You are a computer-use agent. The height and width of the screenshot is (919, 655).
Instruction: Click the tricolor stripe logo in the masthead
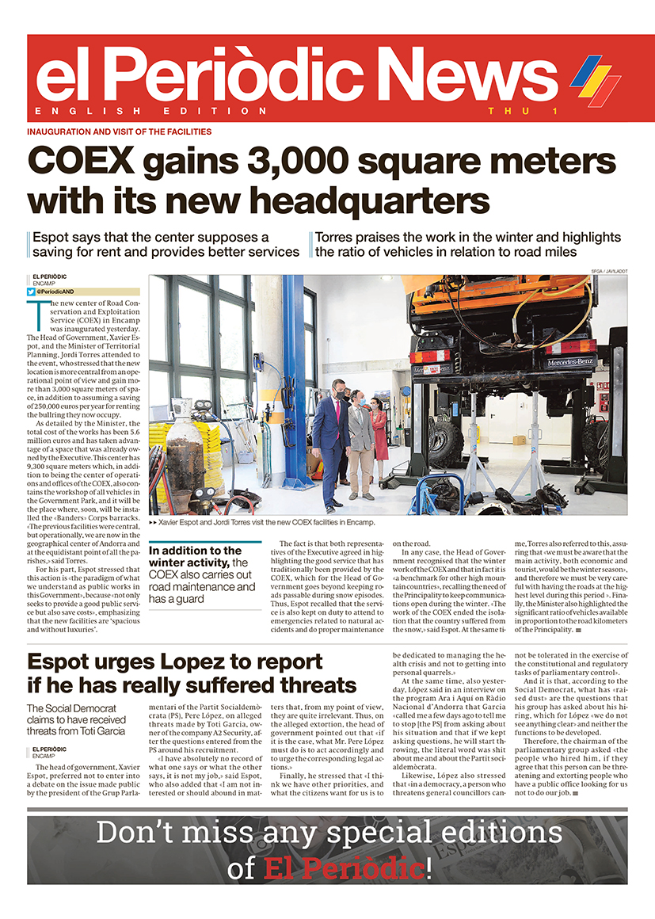[x=595, y=80]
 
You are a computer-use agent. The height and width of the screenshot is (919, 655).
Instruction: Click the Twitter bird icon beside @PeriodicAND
[x=32, y=292]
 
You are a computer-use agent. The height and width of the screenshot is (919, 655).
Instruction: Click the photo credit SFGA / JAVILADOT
[x=608, y=271]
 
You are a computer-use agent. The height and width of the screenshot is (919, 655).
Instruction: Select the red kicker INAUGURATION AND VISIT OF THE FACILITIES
[x=120, y=132]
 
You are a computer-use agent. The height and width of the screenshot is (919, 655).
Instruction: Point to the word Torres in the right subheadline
[x=336, y=237]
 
